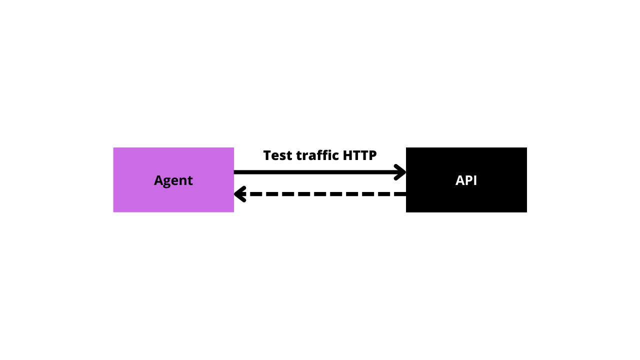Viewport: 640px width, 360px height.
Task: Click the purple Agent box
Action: coord(173,179)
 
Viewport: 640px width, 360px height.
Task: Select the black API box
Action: coord(466,179)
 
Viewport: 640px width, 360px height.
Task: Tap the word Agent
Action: coord(173,181)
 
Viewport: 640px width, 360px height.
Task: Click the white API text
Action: coord(466,180)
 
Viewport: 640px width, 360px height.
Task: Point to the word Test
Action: coord(278,155)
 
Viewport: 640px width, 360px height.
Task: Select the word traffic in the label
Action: coord(317,155)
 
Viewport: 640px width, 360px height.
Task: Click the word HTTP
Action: coord(359,155)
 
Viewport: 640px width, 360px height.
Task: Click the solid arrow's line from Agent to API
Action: coord(320,172)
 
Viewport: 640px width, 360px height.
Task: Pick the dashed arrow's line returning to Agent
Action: coord(320,194)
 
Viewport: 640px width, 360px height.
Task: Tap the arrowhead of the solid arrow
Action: coord(400,172)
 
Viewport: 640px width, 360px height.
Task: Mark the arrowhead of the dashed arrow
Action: coord(240,194)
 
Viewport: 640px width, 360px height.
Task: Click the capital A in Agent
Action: coord(158,180)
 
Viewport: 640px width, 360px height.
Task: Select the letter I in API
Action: coord(475,180)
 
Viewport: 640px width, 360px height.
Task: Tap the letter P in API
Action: coord(469,180)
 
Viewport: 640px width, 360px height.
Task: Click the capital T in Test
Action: coord(267,155)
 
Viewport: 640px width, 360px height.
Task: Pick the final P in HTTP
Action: coord(373,155)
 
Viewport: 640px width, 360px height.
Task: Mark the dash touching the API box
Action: coord(400,194)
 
